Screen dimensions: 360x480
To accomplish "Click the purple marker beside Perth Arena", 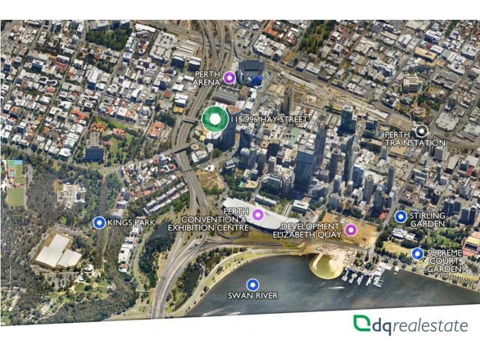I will click(x=229, y=77).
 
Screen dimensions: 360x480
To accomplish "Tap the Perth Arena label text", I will click(x=208, y=78).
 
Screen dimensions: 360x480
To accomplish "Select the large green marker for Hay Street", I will click(x=214, y=119).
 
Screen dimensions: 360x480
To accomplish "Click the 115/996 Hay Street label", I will click(x=269, y=119).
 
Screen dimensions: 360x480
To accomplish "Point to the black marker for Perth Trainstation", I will click(x=422, y=130).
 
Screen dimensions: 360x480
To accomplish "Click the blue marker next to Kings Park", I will click(x=100, y=223).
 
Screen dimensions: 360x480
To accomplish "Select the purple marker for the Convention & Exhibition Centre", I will click(x=257, y=214).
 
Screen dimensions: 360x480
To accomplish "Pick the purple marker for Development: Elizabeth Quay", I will click(x=350, y=230).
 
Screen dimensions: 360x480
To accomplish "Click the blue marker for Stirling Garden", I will click(x=401, y=217).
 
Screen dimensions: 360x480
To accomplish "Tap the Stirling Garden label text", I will click(x=427, y=220).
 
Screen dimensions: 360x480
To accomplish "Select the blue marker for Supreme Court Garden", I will click(x=418, y=254).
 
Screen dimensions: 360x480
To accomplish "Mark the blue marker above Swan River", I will click(x=253, y=285).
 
